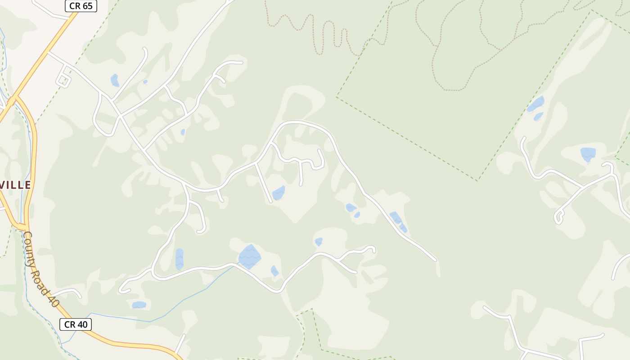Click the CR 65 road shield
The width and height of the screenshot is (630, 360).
[x=81, y=6]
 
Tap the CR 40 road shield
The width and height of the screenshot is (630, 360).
[x=76, y=324]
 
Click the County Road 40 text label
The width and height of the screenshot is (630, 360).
[x=41, y=269]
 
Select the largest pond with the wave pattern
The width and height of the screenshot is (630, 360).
[x=249, y=256]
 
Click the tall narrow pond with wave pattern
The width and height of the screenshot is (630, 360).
[x=179, y=259]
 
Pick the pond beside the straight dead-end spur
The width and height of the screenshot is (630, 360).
[x=279, y=193]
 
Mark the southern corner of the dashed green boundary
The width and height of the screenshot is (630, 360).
[x=478, y=180]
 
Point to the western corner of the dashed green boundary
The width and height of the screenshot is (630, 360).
[x=337, y=97]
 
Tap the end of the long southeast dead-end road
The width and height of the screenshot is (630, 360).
[x=435, y=260]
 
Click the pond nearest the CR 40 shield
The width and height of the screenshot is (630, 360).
[x=139, y=305]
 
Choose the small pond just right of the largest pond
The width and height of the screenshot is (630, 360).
[x=274, y=271]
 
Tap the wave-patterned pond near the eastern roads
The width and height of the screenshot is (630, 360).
[x=588, y=154]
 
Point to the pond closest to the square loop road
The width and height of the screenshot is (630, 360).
[x=115, y=81]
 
